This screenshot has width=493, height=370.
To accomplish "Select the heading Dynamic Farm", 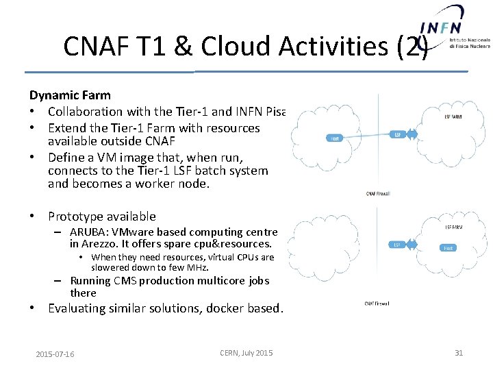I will coord(70,95).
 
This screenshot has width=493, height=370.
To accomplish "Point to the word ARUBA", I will coord(86,232).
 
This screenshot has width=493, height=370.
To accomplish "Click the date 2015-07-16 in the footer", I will coord(55,354).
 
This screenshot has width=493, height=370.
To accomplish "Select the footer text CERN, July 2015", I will coord(246,353).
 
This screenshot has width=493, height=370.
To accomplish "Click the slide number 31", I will coord(459,353).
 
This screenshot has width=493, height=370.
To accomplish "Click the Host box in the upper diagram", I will coord(336,138).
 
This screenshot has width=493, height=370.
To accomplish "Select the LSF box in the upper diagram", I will coord(398,134).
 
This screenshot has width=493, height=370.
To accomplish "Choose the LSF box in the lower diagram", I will coord(397,245).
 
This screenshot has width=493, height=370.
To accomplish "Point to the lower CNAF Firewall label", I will coord(377,304).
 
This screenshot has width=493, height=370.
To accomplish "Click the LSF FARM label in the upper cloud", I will coord(453,116).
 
